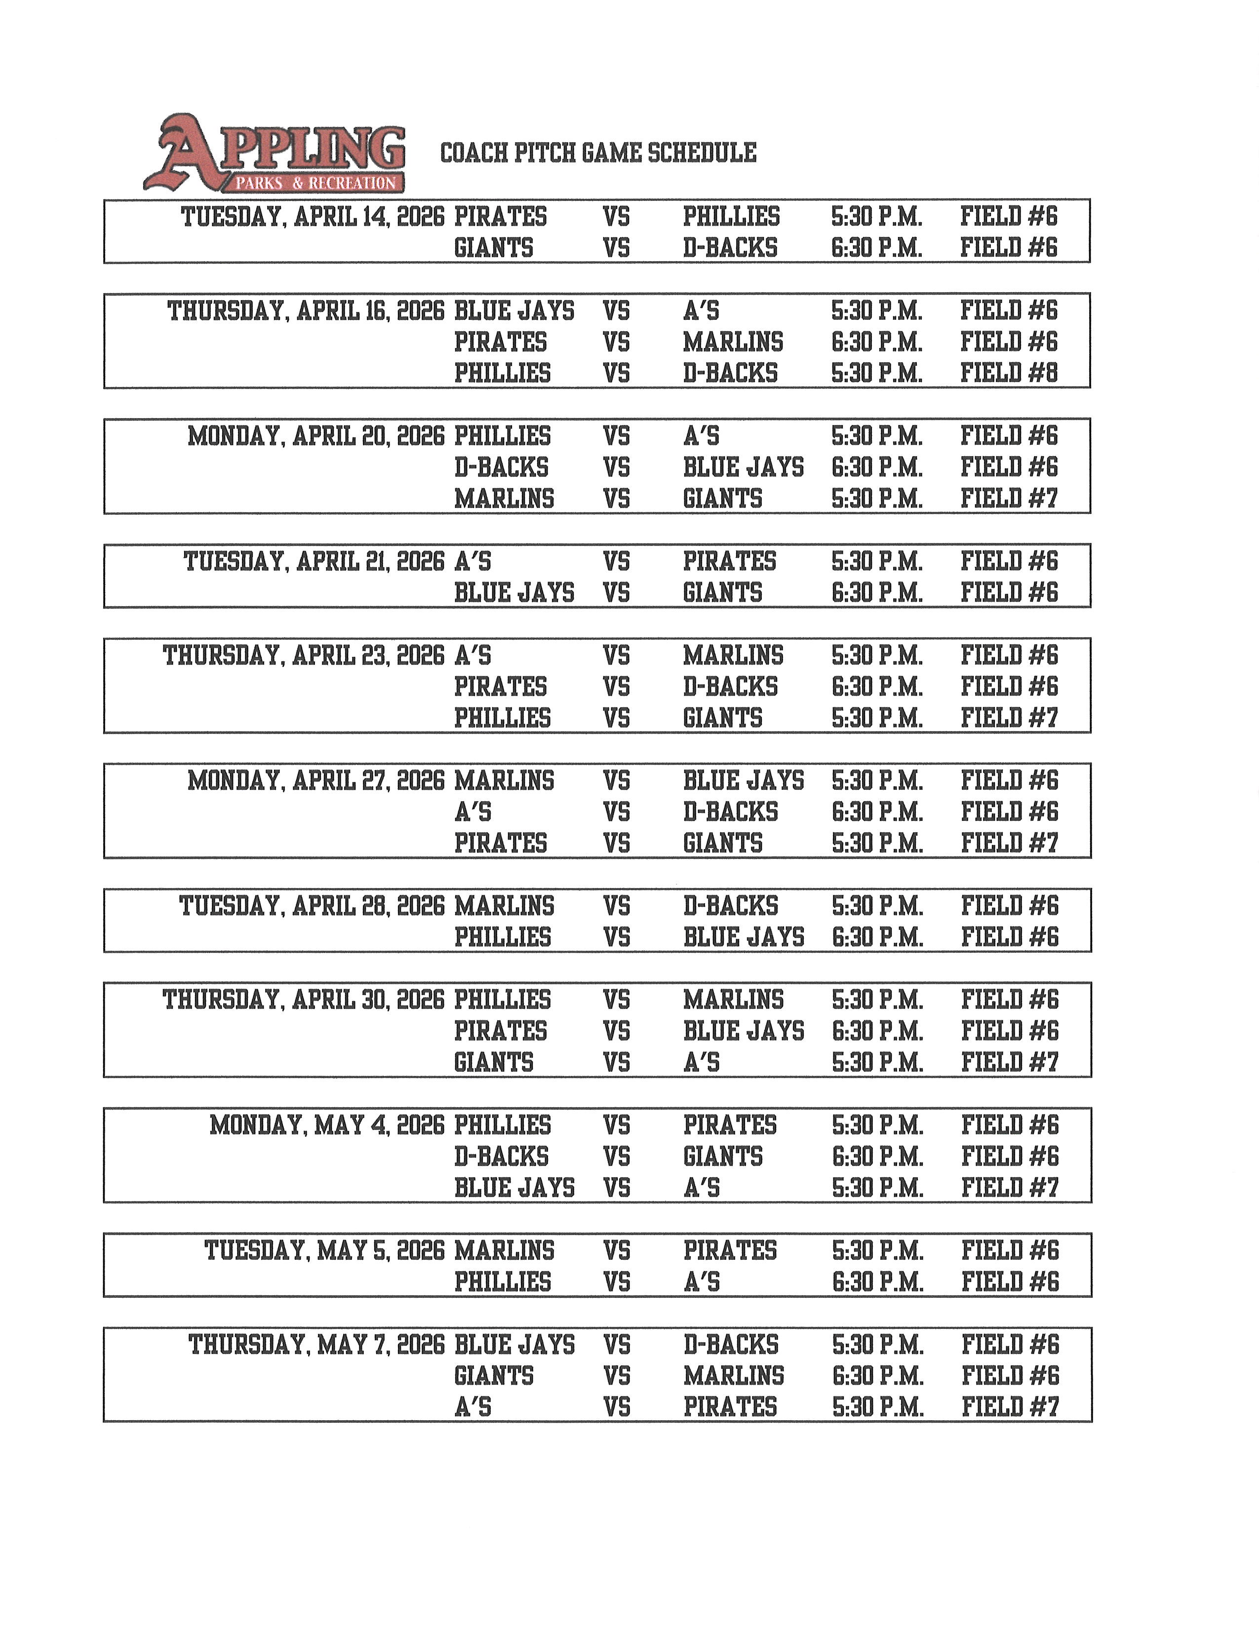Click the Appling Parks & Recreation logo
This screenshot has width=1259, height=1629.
[x=275, y=154]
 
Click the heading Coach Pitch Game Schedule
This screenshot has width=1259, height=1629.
[x=598, y=153]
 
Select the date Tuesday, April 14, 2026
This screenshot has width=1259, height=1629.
[x=313, y=217]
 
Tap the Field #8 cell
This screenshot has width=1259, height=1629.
[x=1008, y=373]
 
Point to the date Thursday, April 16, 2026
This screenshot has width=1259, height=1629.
[x=306, y=311]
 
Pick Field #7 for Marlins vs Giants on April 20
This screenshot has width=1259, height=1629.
[x=1008, y=498]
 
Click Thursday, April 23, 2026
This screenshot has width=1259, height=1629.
[x=304, y=656]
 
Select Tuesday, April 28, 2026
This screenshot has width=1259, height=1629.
[x=312, y=906]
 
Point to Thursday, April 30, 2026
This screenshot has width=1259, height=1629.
[x=304, y=1000]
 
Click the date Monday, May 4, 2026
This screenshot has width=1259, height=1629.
[x=327, y=1125]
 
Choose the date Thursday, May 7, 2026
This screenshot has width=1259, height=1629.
[x=316, y=1345]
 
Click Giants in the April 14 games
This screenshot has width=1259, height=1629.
[x=494, y=248]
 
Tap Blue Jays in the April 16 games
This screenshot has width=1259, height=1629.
[x=514, y=311]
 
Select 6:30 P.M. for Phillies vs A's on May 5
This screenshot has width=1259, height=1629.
[x=878, y=1282]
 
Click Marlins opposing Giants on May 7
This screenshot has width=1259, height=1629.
[x=734, y=1376]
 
